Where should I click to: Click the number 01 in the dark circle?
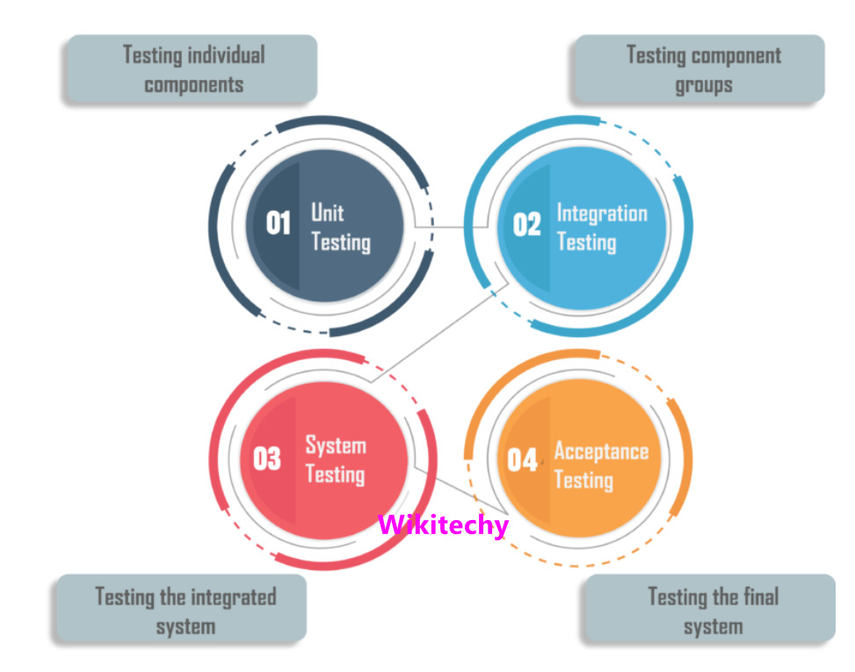(x=279, y=224)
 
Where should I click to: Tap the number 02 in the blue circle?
(x=526, y=225)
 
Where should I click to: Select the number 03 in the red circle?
(x=267, y=459)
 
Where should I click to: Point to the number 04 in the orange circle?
(x=522, y=459)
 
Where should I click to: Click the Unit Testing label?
(x=340, y=228)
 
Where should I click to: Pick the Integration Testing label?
(x=601, y=228)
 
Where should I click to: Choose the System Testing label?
(x=335, y=459)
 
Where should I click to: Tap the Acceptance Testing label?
(x=601, y=466)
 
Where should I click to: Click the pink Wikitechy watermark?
(x=443, y=525)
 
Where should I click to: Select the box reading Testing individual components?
(x=192, y=69)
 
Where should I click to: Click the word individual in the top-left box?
(x=223, y=55)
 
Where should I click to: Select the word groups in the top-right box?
(x=703, y=86)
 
